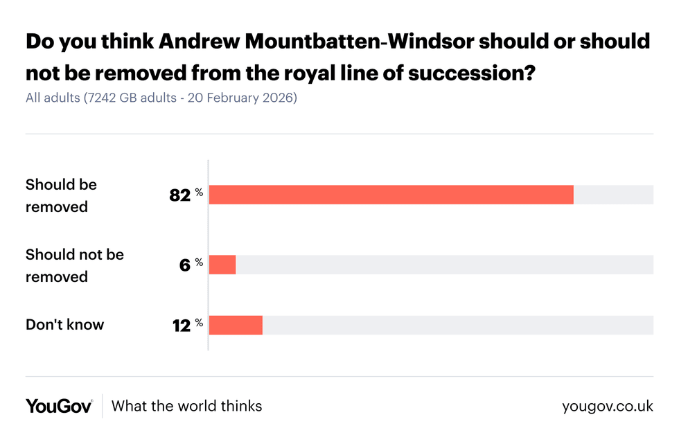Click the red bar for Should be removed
pos(391,195)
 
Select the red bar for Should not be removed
pos(222,265)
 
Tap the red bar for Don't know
pos(236,325)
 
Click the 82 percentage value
pos(179,195)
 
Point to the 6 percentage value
pos(184,265)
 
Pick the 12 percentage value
pos(181,325)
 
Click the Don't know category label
pos(64,324)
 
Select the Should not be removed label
pos(74,265)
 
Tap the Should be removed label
pos(61,195)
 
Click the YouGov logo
pos(59,406)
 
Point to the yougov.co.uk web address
pos(608,406)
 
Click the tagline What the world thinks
pos(186,406)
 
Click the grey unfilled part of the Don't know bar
pos(457,325)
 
